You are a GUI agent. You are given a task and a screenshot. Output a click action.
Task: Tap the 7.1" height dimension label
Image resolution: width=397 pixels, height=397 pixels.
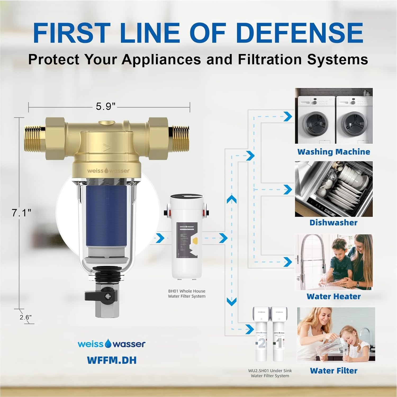[21, 213]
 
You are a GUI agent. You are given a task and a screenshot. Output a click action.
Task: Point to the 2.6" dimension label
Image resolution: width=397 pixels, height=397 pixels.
[26, 317]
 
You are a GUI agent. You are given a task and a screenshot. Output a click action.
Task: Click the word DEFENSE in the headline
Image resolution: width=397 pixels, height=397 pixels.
[301, 33]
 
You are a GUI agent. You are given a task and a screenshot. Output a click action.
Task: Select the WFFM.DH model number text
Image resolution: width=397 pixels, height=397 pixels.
[111, 360]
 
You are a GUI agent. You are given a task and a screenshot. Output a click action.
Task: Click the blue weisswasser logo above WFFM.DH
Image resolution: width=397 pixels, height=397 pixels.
[111, 344]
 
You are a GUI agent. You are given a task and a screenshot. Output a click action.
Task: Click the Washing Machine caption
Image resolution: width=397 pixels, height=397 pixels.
[333, 152]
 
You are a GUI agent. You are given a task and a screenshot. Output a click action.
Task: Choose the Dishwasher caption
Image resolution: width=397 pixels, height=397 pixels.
[333, 223]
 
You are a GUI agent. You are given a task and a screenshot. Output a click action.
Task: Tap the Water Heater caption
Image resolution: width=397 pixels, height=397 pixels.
[333, 296]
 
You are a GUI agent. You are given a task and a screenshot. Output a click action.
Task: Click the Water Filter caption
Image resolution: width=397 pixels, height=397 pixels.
[333, 371]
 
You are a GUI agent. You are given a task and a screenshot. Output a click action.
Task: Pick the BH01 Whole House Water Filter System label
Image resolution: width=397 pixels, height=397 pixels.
[187, 294]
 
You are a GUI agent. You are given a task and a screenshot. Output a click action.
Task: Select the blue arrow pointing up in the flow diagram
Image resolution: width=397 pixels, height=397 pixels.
[232, 199]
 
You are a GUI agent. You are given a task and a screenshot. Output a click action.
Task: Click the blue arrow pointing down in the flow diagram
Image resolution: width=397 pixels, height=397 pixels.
[232, 301]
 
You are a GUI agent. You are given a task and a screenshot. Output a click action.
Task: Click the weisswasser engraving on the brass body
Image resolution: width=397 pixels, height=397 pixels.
[109, 171]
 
